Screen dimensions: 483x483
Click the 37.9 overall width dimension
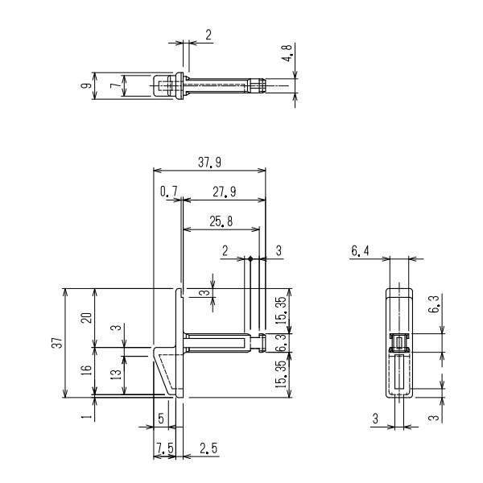209,163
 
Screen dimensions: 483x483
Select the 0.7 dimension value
169,192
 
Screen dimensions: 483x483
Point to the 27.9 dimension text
225,192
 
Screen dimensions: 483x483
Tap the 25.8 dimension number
221,221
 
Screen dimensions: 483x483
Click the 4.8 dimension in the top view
287,53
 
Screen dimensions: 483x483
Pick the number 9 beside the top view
87,85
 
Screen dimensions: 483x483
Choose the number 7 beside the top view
116,85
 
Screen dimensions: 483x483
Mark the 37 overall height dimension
57,343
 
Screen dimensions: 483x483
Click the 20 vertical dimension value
87,318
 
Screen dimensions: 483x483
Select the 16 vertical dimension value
87,369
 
